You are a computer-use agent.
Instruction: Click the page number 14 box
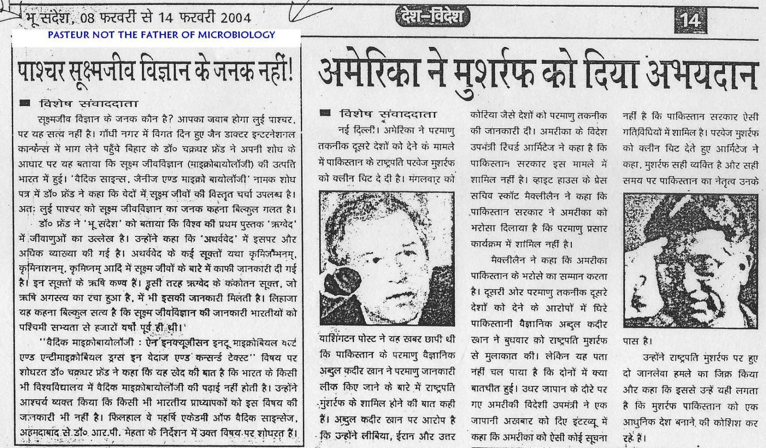point(690,21)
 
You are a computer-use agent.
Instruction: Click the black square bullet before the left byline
point(26,103)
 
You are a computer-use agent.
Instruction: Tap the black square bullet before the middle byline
point(326,113)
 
